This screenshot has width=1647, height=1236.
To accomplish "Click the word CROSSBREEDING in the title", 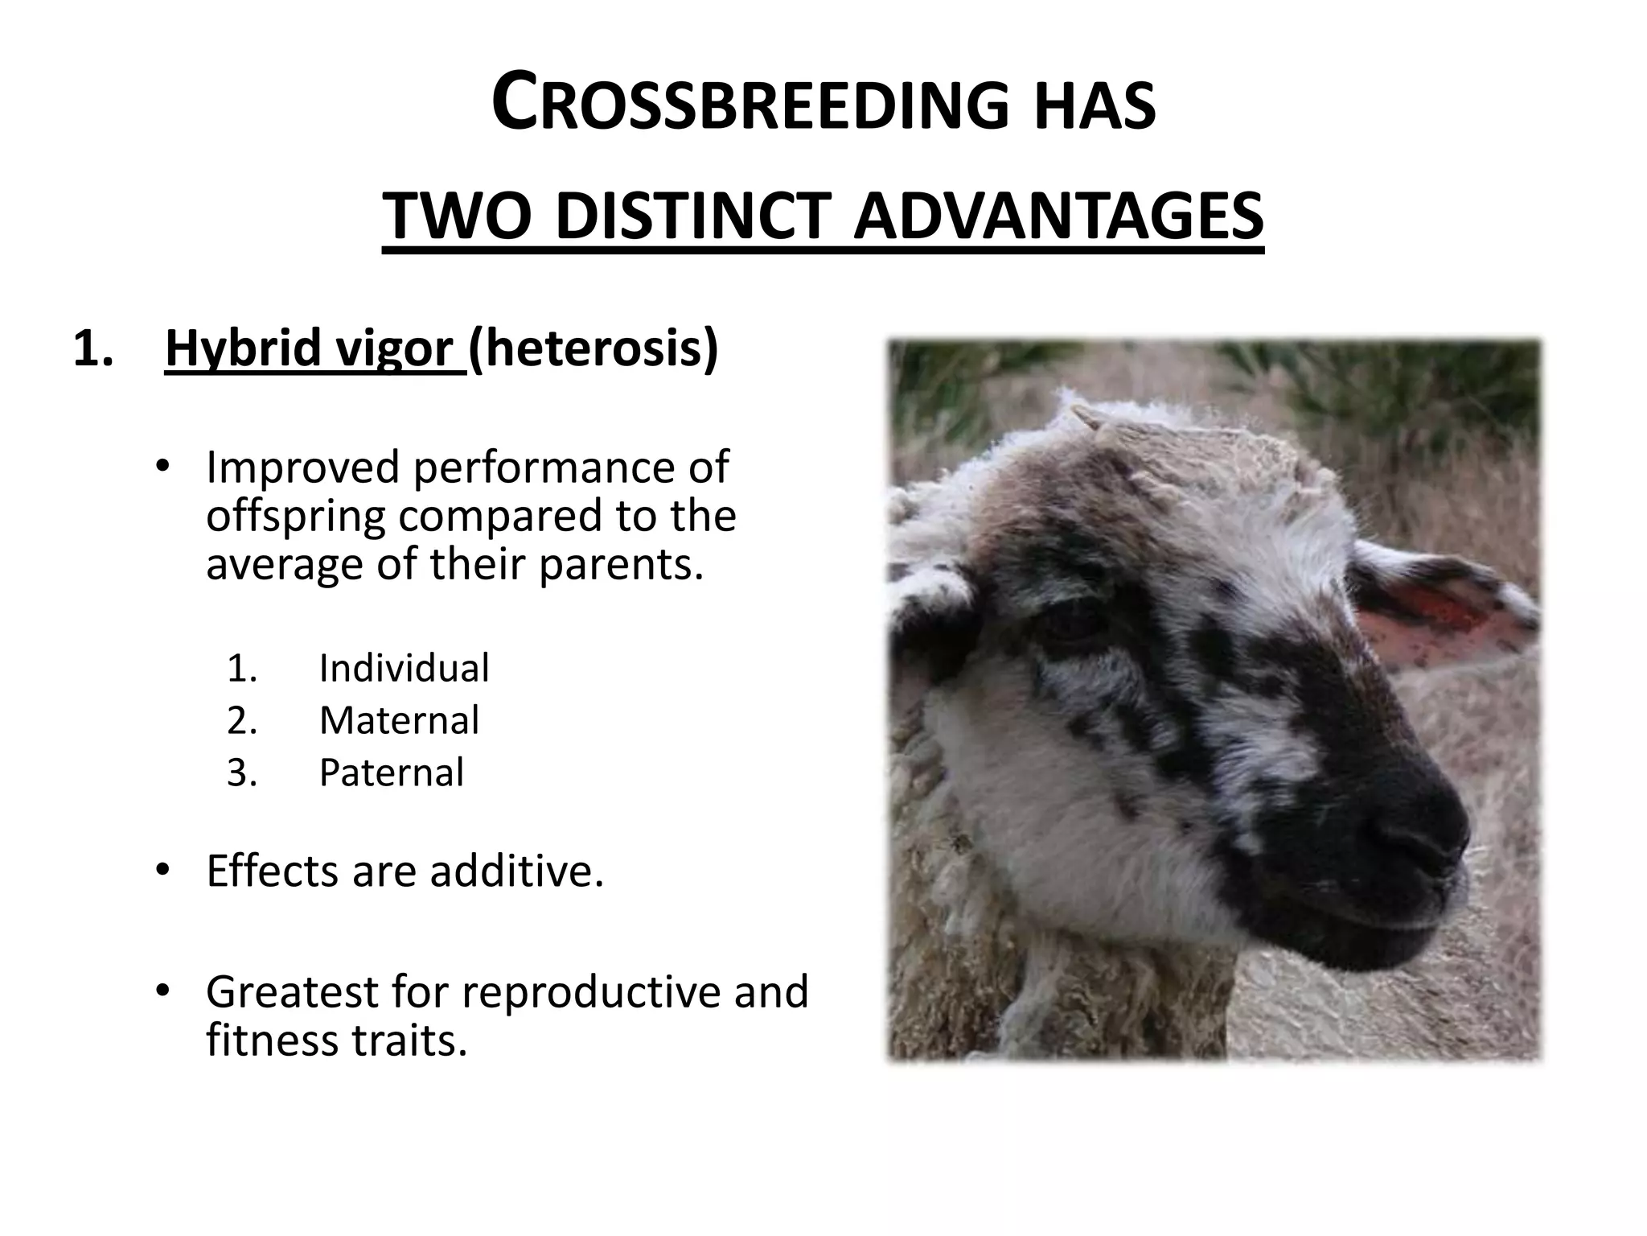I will (x=748, y=103).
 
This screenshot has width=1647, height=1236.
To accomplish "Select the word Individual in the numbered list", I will (x=404, y=668).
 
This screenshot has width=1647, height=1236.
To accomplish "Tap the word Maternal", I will (x=399, y=720).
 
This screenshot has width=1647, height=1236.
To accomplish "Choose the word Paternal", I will (x=392, y=772).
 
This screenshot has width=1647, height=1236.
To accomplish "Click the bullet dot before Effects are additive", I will (x=162, y=870).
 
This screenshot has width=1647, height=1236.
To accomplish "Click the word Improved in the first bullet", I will (x=302, y=467).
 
